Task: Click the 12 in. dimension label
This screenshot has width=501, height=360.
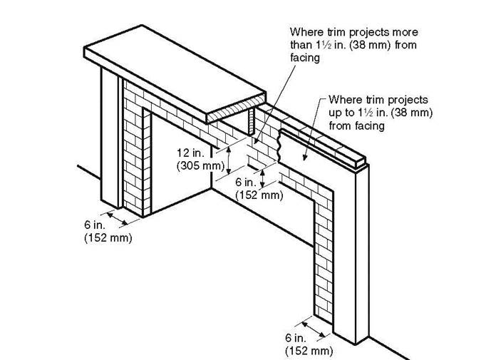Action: coord(192,152)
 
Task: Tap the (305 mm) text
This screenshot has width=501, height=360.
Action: coord(199,165)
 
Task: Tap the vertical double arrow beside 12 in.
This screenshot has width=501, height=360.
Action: coord(227,158)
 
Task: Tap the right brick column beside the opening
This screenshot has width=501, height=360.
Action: coord(324,250)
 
